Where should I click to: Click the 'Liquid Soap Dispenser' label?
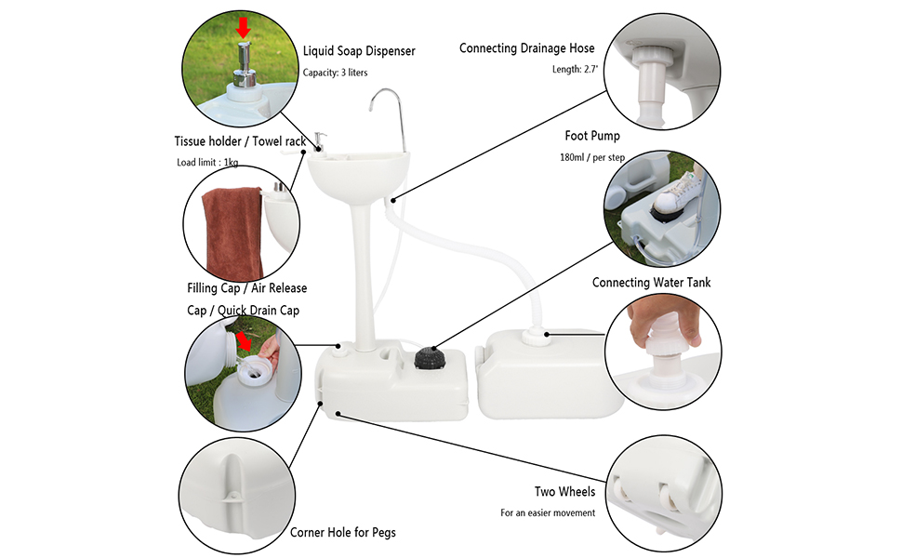coord(359,51)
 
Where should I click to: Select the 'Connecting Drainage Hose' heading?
coord(526,48)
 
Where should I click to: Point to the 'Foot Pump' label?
coord(592,136)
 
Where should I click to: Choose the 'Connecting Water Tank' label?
coord(651,282)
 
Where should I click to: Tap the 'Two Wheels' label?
coord(564,491)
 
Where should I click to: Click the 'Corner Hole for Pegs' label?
coord(342,532)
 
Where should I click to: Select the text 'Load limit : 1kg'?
coord(207,163)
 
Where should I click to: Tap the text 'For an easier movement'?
coord(548,512)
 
